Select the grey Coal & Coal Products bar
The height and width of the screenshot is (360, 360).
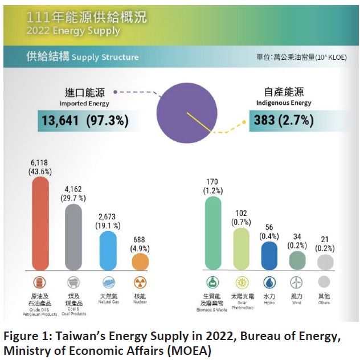(73, 236)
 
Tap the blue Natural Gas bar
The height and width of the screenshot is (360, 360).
(108, 250)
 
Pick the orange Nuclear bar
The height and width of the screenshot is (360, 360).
(140, 261)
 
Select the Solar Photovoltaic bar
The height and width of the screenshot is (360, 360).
(240, 248)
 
